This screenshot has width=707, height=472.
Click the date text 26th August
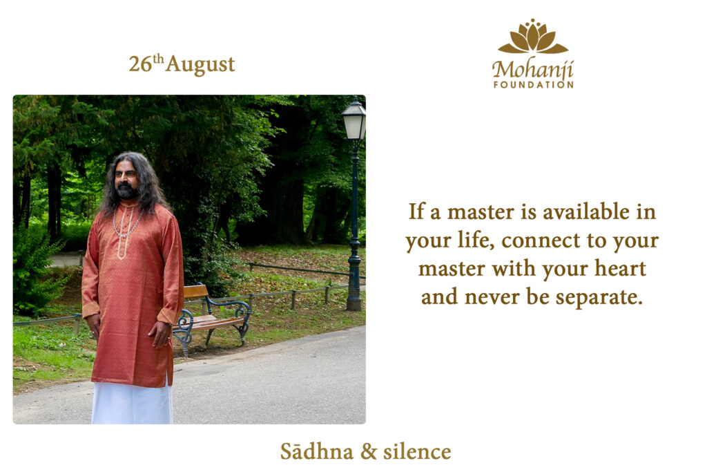pyautogui.click(x=182, y=64)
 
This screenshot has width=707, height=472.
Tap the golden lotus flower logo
pyautogui.click(x=533, y=37)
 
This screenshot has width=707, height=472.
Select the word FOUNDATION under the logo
pyautogui.click(x=534, y=84)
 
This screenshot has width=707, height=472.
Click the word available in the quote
pyautogui.click(x=585, y=211)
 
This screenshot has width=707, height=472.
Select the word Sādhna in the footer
pyautogui.click(x=316, y=451)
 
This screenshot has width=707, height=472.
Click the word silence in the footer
pyautogui.click(x=417, y=451)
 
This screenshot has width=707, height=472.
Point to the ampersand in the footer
pyautogui.click(x=368, y=451)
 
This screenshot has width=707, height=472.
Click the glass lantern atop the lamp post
pyautogui.click(x=354, y=120)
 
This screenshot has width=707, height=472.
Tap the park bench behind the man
pyautogui.click(x=211, y=317)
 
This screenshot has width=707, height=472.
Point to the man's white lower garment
pyautogui.click(x=132, y=402)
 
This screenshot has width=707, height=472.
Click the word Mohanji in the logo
pyautogui.click(x=533, y=69)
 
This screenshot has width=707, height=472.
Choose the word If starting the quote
pyautogui.click(x=416, y=211)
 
